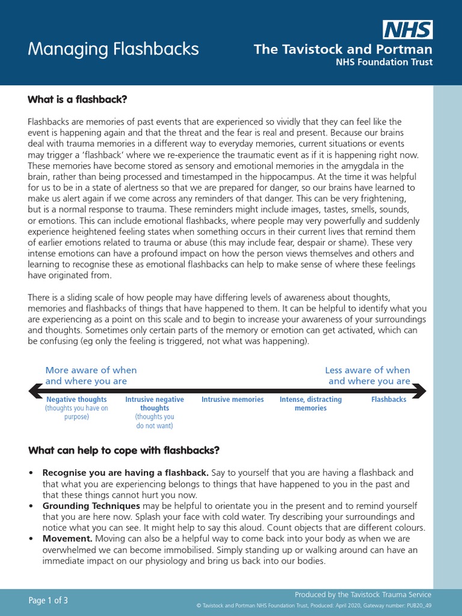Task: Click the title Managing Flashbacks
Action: point(113,49)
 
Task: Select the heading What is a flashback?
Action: point(78,99)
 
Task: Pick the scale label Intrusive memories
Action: point(232,399)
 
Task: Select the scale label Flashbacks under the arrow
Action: point(389,399)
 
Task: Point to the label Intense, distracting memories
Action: point(310,404)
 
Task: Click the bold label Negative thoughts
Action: point(76,399)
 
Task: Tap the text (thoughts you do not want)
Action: point(155,421)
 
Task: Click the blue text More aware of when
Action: point(91,371)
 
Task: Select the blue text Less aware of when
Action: point(368,371)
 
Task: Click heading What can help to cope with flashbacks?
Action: point(124,450)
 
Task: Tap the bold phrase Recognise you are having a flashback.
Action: point(125,473)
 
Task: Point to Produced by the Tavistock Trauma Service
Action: point(363,594)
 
